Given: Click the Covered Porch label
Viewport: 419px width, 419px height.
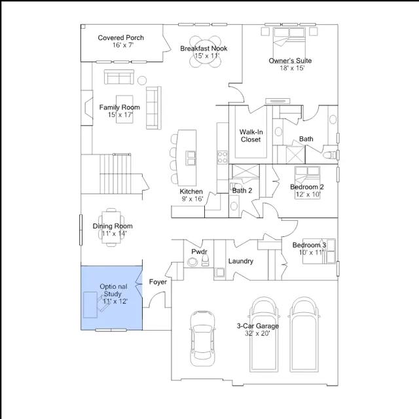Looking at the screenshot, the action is tap(120, 38).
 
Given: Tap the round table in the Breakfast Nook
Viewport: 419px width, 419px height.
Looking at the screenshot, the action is tap(205, 51).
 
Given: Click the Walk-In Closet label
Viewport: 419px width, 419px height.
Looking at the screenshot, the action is tap(251, 136).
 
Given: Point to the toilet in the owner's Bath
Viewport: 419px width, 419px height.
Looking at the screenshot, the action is tap(329, 155).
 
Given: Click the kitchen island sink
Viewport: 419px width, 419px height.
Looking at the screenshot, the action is tap(191, 158).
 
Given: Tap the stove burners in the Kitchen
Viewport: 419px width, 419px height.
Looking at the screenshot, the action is tap(222, 157).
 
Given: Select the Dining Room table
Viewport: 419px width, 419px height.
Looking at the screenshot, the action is tap(111, 227).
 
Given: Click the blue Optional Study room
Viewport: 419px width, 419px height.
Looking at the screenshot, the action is tap(111, 298).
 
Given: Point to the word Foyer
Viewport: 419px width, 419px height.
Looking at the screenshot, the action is tap(158, 282).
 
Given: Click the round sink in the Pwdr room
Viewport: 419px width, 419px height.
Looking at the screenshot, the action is tap(192, 262).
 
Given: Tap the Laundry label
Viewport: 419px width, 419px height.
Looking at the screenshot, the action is tap(240, 261).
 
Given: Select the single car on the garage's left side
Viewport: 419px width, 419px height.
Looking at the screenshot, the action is tap(202, 338).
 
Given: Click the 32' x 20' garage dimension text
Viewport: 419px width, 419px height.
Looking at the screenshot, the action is tap(257, 333).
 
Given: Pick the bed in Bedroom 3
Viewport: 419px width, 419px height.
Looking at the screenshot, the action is tap(319, 251).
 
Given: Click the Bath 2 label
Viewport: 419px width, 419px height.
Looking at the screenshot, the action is tap(242, 191).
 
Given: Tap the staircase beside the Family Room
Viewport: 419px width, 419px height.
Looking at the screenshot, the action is tap(115, 173).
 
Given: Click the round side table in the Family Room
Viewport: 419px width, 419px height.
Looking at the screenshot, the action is tap(142, 81).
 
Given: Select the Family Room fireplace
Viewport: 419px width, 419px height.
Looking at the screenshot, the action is tap(87, 107).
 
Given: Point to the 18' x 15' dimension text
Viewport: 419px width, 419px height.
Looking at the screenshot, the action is tap(292, 68).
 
